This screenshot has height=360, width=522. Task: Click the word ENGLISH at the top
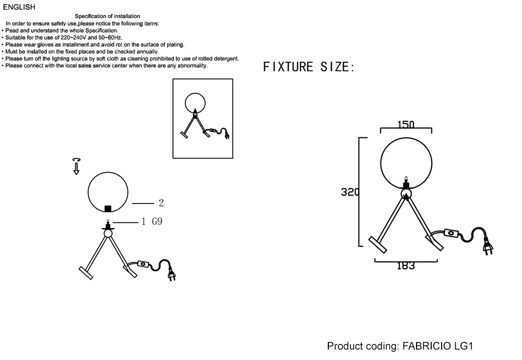19,7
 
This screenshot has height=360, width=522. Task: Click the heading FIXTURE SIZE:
309,67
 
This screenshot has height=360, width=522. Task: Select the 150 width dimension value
406,125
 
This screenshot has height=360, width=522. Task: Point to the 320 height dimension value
350,192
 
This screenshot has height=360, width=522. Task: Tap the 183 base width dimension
406,266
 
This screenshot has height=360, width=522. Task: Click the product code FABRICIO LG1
438,346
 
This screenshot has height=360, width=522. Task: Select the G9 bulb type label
157,221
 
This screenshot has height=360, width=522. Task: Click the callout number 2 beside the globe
161,203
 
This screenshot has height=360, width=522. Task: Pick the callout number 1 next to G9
144,222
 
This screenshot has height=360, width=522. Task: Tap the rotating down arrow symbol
76,166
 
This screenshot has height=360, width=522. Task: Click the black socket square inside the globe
108,209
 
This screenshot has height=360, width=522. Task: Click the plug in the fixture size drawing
489,247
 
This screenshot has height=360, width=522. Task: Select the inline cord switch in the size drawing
451,234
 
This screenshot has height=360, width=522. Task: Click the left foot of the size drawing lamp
377,245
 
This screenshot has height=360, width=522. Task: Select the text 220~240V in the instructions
74,38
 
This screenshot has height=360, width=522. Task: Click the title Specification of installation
107,16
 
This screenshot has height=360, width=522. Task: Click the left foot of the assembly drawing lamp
86,273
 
